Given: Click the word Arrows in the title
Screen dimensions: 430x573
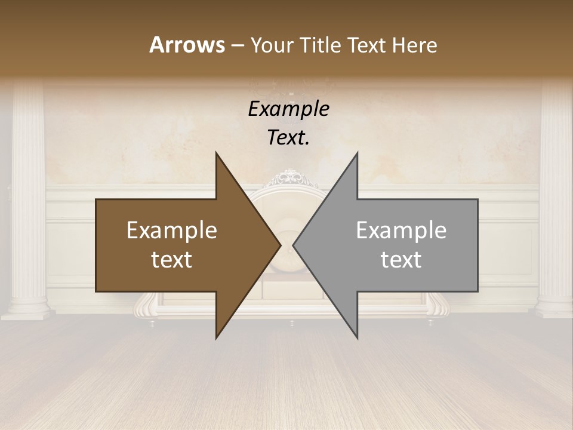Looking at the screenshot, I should [x=187, y=45].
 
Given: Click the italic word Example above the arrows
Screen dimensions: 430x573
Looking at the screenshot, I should [x=288, y=109].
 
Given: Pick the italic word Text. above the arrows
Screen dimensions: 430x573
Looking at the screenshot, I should [x=288, y=137].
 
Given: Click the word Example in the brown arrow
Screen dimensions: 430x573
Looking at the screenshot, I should [x=172, y=231].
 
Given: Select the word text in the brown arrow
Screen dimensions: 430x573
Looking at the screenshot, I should [x=172, y=260].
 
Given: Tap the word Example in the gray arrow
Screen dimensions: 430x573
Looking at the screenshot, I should [x=401, y=231].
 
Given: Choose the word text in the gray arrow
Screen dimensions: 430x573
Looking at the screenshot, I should [x=401, y=260].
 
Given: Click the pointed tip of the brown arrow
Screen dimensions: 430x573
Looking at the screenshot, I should [x=280, y=245].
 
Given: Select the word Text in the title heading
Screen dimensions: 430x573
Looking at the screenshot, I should [x=367, y=45].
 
